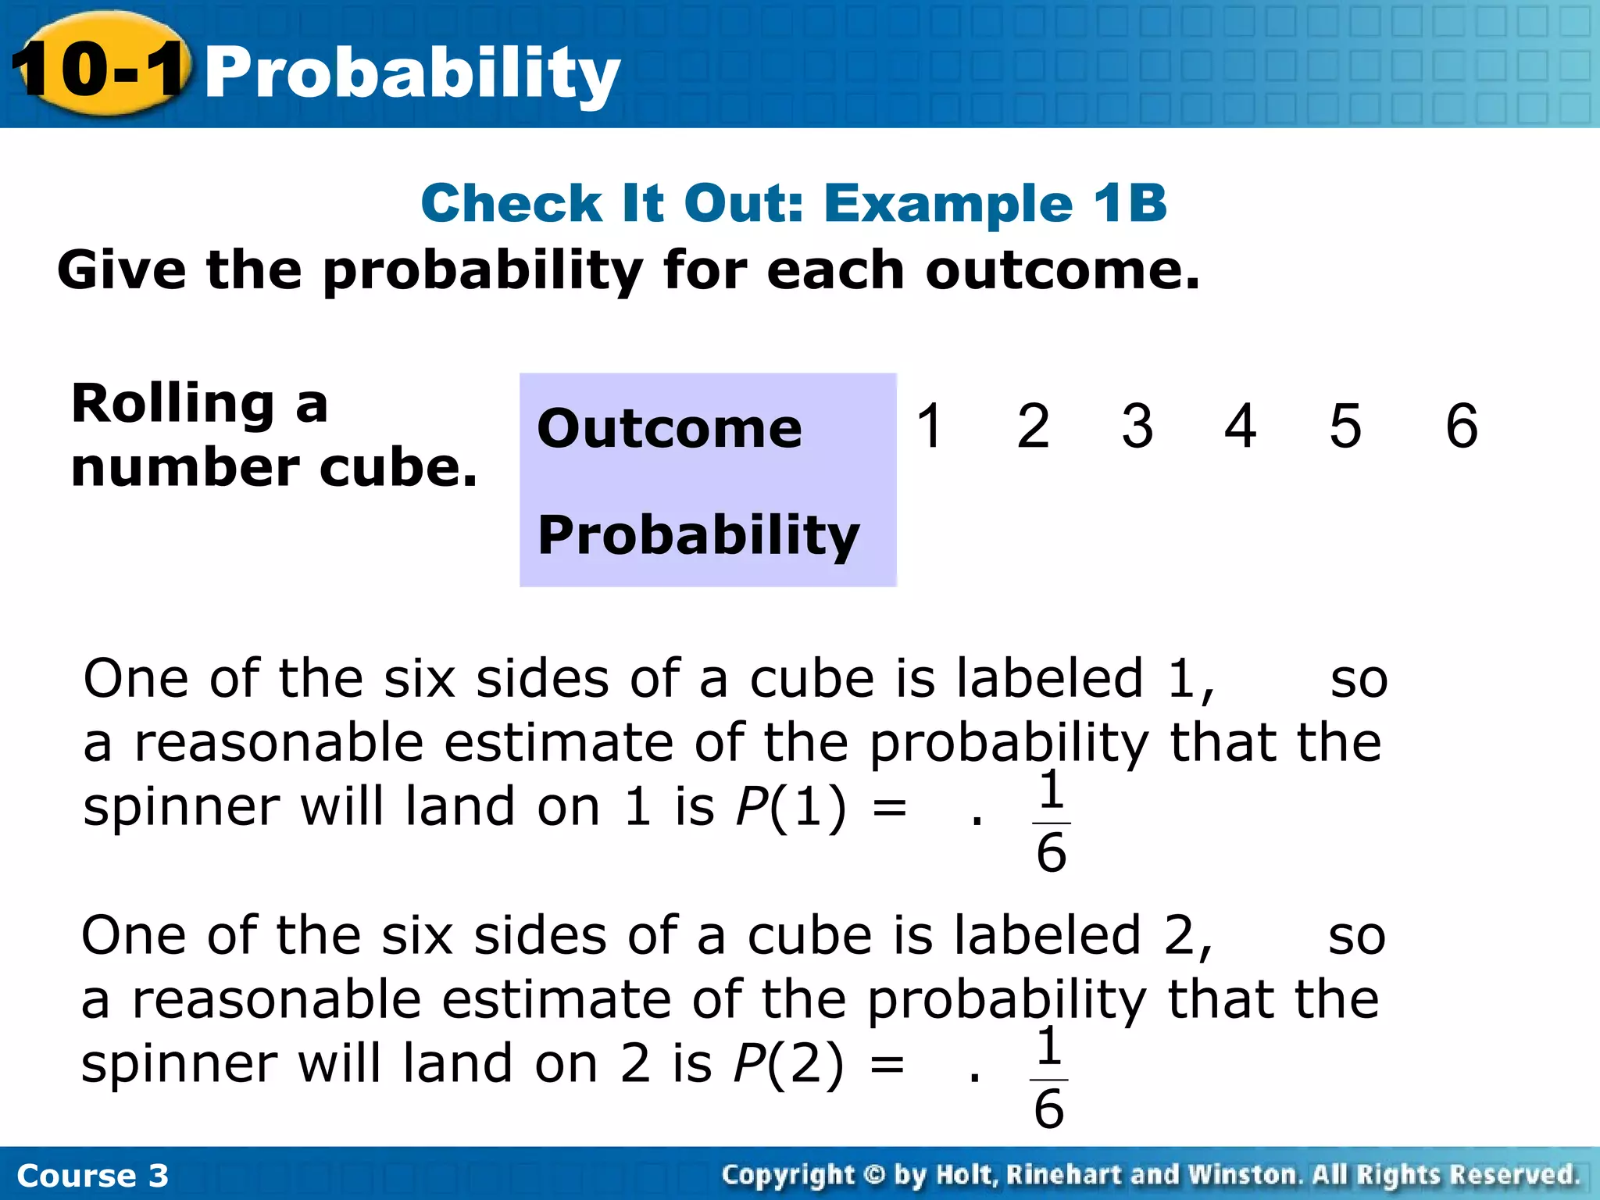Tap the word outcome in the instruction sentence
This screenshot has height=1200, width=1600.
[1061, 270]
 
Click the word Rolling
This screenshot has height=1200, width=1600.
[172, 405]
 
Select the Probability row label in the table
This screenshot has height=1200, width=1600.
[698, 535]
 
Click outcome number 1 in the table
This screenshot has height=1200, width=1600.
[930, 426]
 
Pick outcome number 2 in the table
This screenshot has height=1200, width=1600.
[1033, 426]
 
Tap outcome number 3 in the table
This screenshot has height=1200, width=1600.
[1137, 426]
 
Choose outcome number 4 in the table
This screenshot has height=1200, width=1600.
[1240, 426]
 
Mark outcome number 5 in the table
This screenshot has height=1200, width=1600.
[1345, 426]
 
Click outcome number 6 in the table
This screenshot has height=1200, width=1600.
[1461, 426]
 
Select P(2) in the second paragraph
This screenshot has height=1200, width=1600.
[788, 1063]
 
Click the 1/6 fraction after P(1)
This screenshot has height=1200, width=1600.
[1051, 822]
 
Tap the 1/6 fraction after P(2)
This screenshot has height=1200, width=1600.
[1048, 1079]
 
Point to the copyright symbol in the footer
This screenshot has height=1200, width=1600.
[874, 1174]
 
